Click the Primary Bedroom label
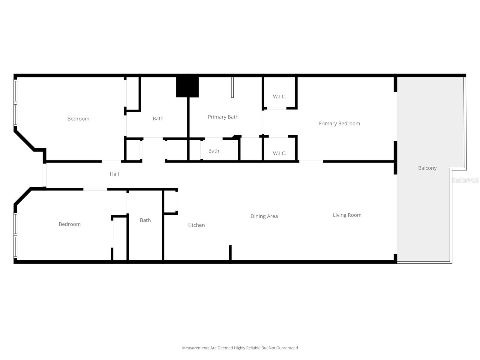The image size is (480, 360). pyautogui.click(x=339, y=123)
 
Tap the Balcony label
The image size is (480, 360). pyautogui.click(x=427, y=168)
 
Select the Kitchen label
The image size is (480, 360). pyautogui.click(x=196, y=225)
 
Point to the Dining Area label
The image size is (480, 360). pyautogui.click(x=264, y=216)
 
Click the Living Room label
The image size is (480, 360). pyautogui.click(x=347, y=215)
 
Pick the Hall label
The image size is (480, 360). pyautogui.click(x=114, y=174)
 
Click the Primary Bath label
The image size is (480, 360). pyautogui.click(x=223, y=117)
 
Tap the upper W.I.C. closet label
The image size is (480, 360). pyautogui.click(x=279, y=97)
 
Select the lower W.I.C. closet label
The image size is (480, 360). pyautogui.click(x=279, y=153)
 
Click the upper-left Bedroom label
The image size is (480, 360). pyautogui.click(x=78, y=118)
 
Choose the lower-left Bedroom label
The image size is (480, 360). pyautogui.click(x=70, y=224)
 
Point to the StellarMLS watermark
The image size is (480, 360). pyautogui.click(x=465, y=180)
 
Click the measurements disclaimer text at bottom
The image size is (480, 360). pyautogui.click(x=240, y=348)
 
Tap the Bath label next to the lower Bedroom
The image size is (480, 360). pyautogui.click(x=145, y=220)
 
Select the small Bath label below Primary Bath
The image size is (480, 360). pyautogui.click(x=214, y=151)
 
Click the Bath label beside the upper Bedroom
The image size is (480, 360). pyautogui.click(x=158, y=118)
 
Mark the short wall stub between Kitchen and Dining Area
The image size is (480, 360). pyautogui.click(x=230, y=253)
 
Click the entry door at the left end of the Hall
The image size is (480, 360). pyautogui.click(x=44, y=175)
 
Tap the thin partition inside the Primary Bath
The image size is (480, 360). pyautogui.click(x=232, y=87)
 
